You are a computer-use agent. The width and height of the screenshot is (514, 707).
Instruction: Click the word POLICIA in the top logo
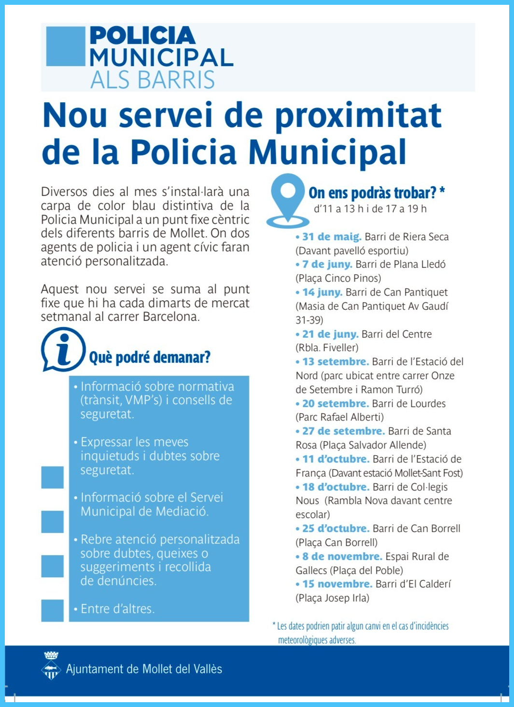pyautogui.click(x=142, y=36)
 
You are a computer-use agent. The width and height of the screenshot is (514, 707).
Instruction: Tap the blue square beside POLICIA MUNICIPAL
pyautogui.click(x=66, y=46)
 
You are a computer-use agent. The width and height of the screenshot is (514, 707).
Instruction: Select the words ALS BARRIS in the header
pyautogui.click(x=152, y=80)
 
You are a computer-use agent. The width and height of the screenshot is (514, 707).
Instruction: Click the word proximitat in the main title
pyautogui.click(x=358, y=116)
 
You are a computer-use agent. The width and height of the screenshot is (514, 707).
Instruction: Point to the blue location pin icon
pyautogui.click(x=288, y=200)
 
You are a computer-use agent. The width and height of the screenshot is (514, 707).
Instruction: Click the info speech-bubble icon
pyautogui.click(x=63, y=349)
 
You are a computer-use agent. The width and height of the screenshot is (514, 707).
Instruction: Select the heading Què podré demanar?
pyautogui.click(x=150, y=357)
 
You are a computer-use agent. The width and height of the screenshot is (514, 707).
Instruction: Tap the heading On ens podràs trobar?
pyautogui.click(x=373, y=193)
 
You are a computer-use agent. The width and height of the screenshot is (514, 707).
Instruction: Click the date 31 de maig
pyautogui.click(x=332, y=237)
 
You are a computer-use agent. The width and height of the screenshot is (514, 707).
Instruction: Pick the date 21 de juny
pyautogui.click(x=330, y=334)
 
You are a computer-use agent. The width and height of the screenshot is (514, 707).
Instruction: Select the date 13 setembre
pyautogui.click(x=335, y=362)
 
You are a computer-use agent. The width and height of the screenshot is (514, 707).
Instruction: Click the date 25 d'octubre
pyautogui.click(x=335, y=529)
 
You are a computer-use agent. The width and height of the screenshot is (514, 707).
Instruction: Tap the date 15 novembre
pyautogui.click(x=337, y=584)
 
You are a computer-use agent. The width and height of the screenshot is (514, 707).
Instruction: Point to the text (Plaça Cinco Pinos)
pyautogui.click(x=338, y=278)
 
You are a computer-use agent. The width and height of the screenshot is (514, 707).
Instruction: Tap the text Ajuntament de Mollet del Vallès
pyautogui.click(x=144, y=669)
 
